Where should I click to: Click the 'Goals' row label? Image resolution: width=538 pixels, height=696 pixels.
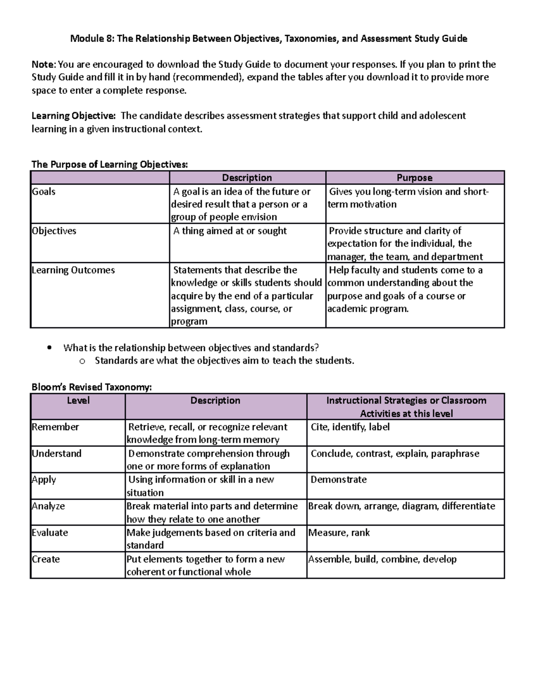point(44,192)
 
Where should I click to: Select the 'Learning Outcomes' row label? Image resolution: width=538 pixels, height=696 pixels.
point(74,270)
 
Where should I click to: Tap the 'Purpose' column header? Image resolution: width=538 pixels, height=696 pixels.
point(415,178)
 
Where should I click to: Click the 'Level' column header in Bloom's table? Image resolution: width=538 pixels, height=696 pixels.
point(78,401)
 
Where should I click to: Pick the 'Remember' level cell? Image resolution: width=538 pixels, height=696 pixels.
point(56,427)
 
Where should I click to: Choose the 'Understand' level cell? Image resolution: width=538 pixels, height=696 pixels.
point(57,454)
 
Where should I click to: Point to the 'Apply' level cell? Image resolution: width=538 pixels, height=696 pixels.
point(44,480)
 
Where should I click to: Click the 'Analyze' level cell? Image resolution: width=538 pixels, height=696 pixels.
point(48,506)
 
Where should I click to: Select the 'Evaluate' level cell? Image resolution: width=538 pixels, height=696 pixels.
point(50,533)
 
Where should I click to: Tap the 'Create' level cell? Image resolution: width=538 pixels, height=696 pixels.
point(46,559)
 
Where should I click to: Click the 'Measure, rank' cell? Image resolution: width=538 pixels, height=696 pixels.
point(339,533)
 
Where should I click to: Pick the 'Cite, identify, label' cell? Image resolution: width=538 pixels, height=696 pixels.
point(350,427)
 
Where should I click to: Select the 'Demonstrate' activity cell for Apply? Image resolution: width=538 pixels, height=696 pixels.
point(338,480)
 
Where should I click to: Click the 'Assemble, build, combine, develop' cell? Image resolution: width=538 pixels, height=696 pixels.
point(382,559)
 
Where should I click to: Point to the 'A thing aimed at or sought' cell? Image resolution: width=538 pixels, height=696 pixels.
point(230,231)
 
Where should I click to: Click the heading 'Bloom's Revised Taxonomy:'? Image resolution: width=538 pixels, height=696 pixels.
point(91,387)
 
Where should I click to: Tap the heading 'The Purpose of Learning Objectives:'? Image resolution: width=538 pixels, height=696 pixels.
point(109,164)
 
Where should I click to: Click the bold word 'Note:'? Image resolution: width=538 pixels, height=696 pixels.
point(44,65)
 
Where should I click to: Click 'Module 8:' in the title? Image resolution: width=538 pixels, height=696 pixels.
point(92,39)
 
